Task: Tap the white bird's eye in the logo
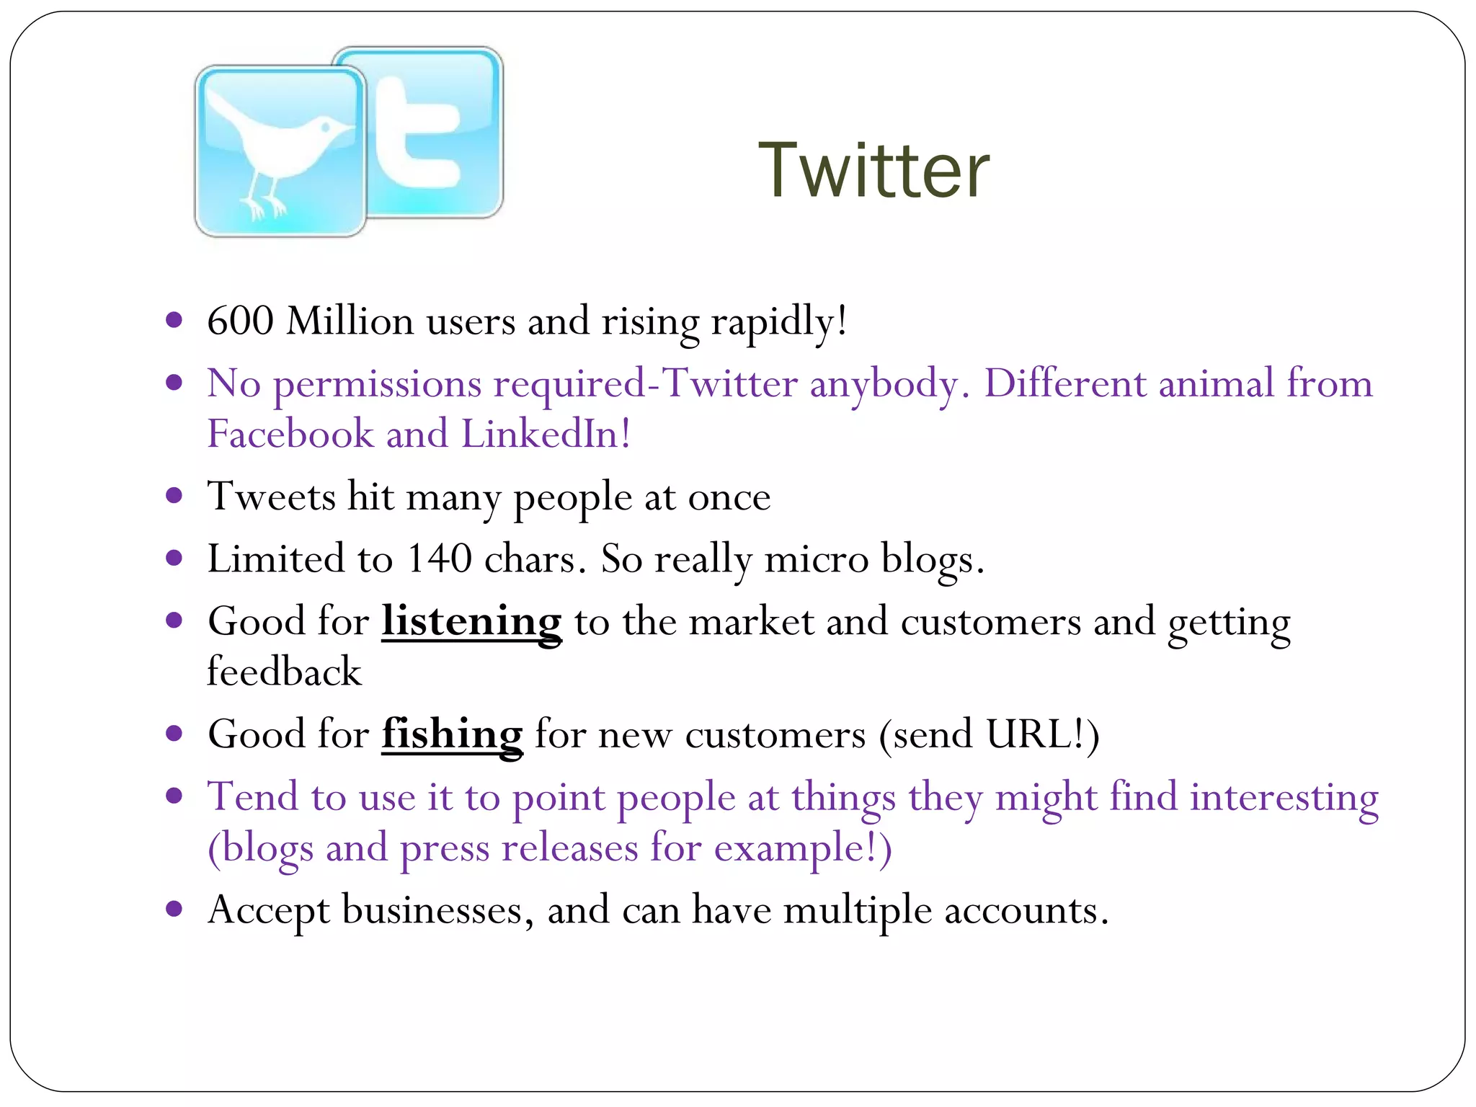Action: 325,128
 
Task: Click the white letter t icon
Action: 417,133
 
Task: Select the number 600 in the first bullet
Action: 240,321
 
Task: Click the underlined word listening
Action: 471,621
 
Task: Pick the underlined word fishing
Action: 452,734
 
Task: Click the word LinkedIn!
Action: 546,434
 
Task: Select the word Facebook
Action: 290,434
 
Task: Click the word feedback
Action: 284,672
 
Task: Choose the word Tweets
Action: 272,497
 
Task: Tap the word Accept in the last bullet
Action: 269,910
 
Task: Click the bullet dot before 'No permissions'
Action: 174,382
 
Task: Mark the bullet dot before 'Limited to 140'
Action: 174,558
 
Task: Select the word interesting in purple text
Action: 1284,797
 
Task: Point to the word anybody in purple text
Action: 884,383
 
